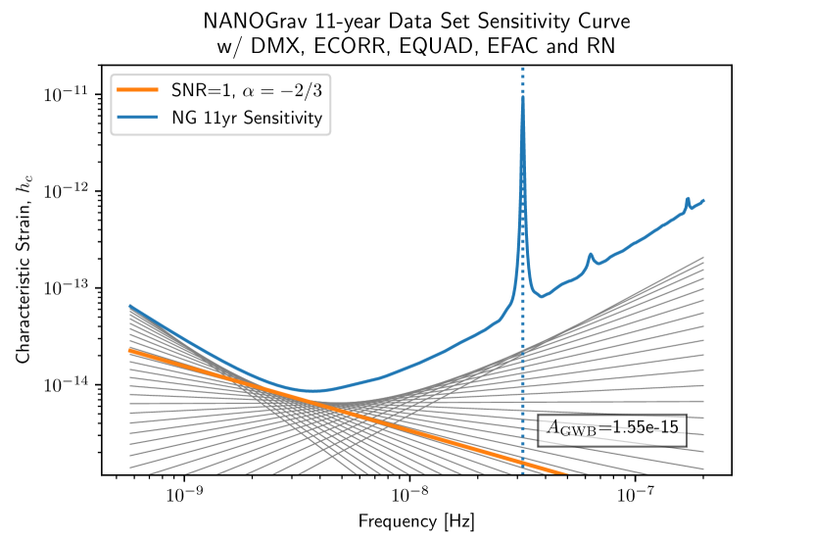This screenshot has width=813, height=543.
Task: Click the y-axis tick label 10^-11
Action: point(66,95)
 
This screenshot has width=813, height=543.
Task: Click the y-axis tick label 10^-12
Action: point(66,190)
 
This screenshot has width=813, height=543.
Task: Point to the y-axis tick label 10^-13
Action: point(66,287)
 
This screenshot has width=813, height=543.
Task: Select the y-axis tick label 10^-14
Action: point(66,383)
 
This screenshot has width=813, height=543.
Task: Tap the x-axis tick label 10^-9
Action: point(184,497)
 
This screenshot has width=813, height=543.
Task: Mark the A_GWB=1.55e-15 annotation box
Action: point(611,428)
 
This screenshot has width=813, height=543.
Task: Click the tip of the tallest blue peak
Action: point(523,96)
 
